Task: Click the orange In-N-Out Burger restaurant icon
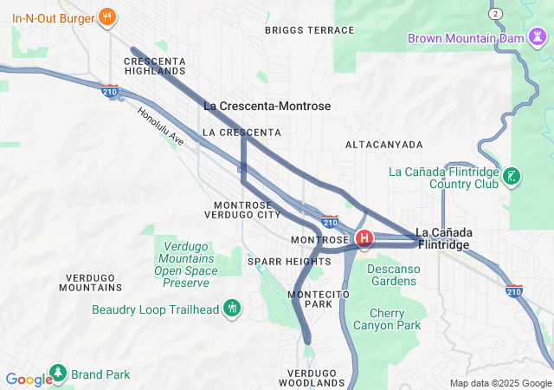(x=107, y=16)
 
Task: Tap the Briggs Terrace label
(x=309, y=30)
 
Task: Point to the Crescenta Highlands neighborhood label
(x=155, y=66)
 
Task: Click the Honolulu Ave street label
(x=161, y=127)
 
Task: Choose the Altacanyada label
(x=383, y=144)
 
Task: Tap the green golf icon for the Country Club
(x=512, y=177)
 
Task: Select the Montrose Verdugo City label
(x=247, y=210)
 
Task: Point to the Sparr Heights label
(x=289, y=261)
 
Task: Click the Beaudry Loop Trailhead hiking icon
(x=232, y=309)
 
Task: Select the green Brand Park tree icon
(x=58, y=374)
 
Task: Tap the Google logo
(x=28, y=380)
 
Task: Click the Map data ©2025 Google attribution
(x=499, y=383)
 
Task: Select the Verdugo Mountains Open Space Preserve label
(x=185, y=264)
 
